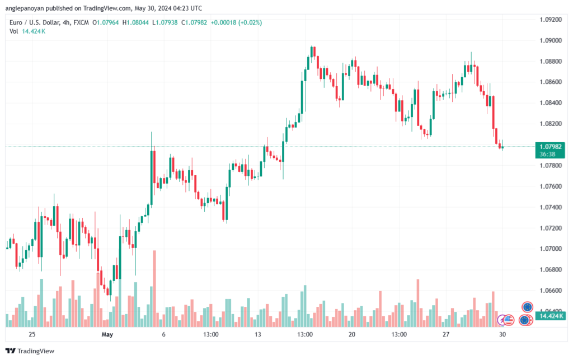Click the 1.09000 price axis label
(x=551, y=40)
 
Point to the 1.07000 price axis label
(x=551, y=249)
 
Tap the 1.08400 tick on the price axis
(x=551, y=102)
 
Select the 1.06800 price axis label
(x=551, y=270)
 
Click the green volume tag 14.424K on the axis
(x=551, y=316)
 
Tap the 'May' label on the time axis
(x=107, y=334)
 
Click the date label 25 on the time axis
(x=32, y=334)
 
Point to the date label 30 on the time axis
(x=502, y=334)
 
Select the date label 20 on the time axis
(x=352, y=334)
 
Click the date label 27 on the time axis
(x=446, y=334)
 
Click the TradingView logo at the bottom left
(x=30, y=351)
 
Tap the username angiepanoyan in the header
(x=24, y=8)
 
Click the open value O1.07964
(x=106, y=22)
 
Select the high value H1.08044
(x=135, y=22)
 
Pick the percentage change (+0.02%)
(x=250, y=22)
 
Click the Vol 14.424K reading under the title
(x=27, y=31)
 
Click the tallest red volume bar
(x=154, y=288)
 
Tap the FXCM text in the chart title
(x=81, y=22)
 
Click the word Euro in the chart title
(x=16, y=22)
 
